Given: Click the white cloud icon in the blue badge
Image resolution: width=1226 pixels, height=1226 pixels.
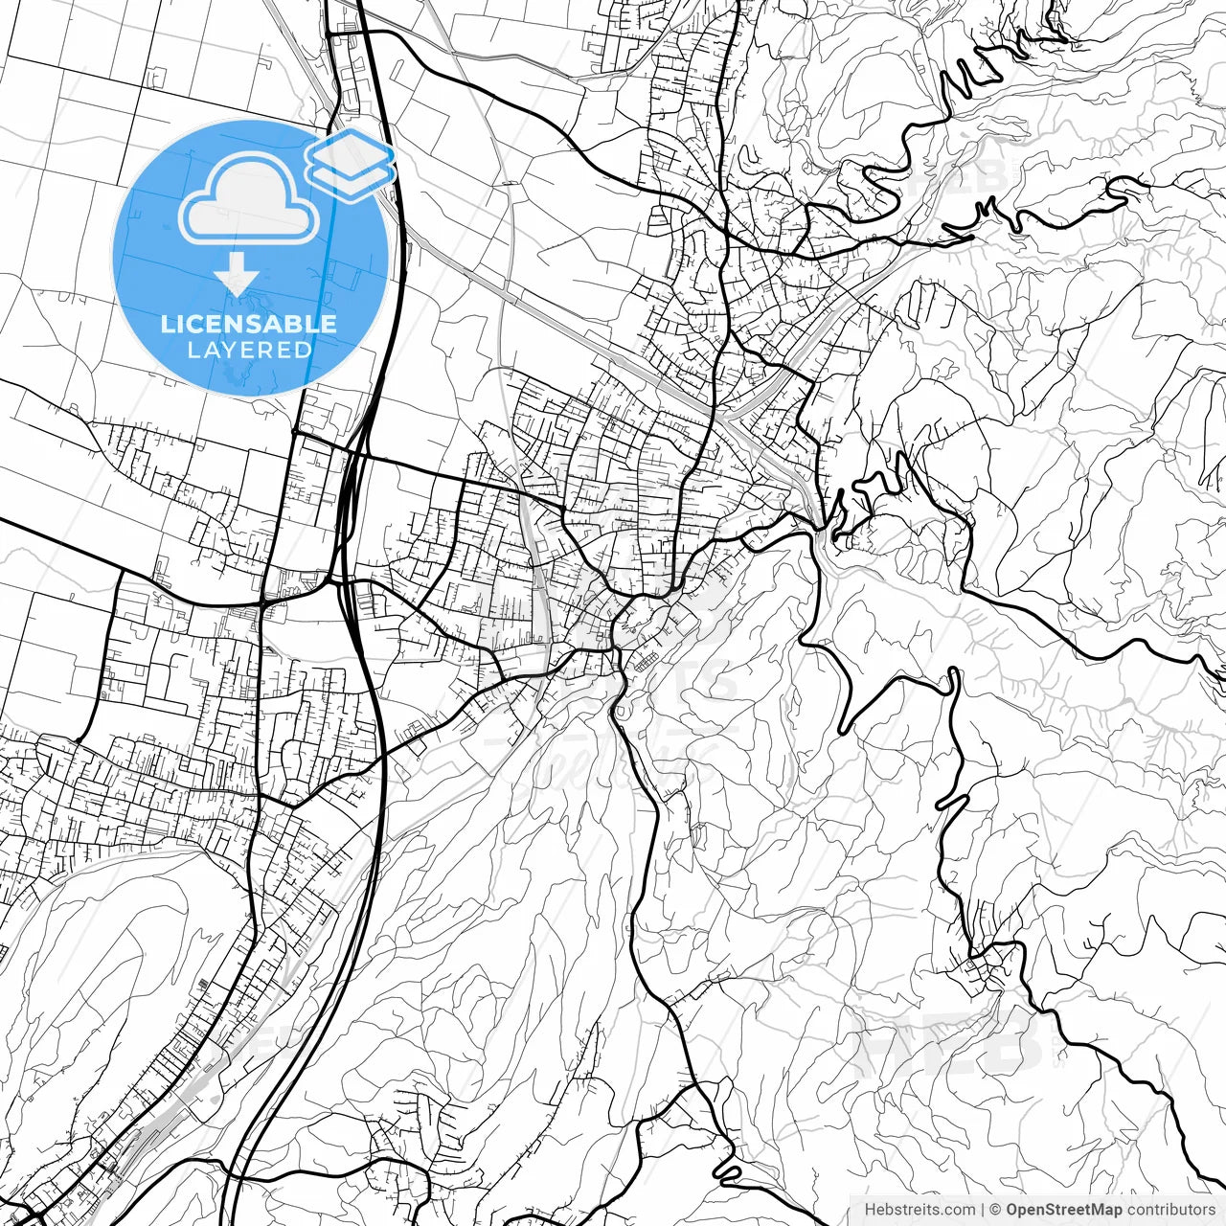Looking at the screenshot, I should click(x=250, y=199).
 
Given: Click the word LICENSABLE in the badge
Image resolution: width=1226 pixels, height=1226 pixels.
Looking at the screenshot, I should click(x=249, y=324).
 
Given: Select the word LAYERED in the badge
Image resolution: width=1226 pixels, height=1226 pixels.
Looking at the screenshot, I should click(x=249, y=351).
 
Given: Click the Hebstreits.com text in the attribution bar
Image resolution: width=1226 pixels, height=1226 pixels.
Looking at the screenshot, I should click(x=919, y=1210).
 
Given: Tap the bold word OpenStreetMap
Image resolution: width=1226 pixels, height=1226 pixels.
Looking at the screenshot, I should click(x=1063, y=1210).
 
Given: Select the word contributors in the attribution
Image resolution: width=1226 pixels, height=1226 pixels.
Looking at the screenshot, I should click(x=1169, y=1210).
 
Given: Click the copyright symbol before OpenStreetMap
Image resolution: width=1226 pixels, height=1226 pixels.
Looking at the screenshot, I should click(x=996, y=1210).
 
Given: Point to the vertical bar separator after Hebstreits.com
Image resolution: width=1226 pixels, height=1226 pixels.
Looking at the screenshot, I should click(x=983, y=1210).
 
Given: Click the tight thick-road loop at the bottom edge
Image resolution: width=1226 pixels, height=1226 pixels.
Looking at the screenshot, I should click(x=728, y=1170).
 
